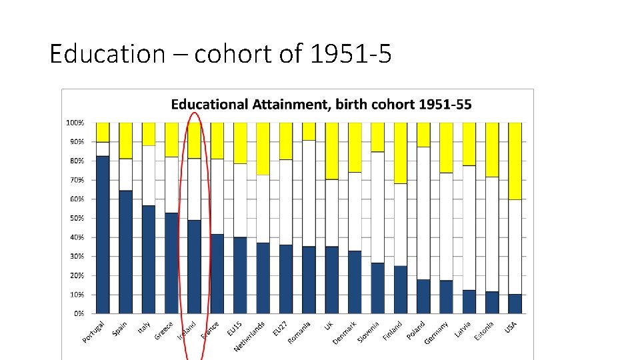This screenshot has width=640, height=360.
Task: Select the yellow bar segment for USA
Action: pos(515,161)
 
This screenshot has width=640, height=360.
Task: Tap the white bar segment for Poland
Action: pos(423,213)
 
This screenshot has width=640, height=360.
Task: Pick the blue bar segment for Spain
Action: pos(125,251)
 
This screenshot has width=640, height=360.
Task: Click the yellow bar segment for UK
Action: pos(331,151)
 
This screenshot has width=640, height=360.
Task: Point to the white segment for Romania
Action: pos(309,193)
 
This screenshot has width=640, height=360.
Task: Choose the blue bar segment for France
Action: pos(217,273)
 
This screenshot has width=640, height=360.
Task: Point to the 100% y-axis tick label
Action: pos(74,123)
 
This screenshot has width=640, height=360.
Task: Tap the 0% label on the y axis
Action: pos(79,313)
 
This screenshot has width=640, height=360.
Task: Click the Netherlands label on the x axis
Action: pos(248,337)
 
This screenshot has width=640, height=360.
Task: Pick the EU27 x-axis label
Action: pos(280,328)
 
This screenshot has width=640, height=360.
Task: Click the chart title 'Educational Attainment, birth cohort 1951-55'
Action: pos(321,105)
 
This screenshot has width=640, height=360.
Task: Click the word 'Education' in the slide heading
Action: pos(107,53)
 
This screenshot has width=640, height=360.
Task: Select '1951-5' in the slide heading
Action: pos(350,53)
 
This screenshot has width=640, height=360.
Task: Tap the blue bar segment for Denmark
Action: pos(355,282)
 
